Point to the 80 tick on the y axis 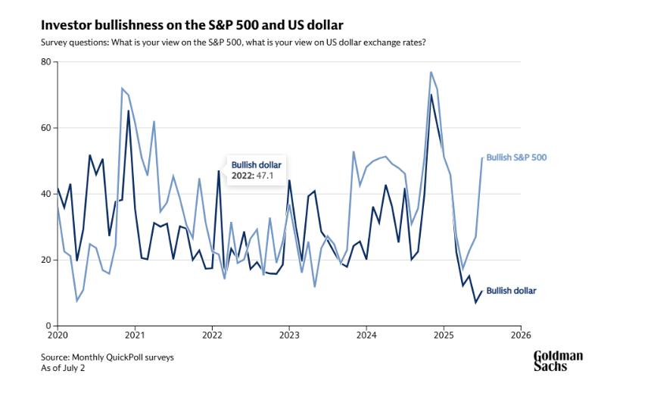tap(47, 62)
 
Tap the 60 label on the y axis tap(47, 128)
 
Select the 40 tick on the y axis tap(47, 194)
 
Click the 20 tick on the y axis tap(47, 260)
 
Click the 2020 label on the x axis tap(58, 335)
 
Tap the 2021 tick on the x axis tap(135, 335)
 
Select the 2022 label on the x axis tap(212, 335)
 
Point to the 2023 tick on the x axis tap(289, 335)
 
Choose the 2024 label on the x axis tap(366, 335)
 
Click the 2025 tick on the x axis tap(444, 335)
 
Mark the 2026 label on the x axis tap(521, 335)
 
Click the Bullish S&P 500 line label tap(516, 158)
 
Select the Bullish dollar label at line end tap(511, 291)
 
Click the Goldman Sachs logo tap(559, 360)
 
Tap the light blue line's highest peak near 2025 tap(431, 72)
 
